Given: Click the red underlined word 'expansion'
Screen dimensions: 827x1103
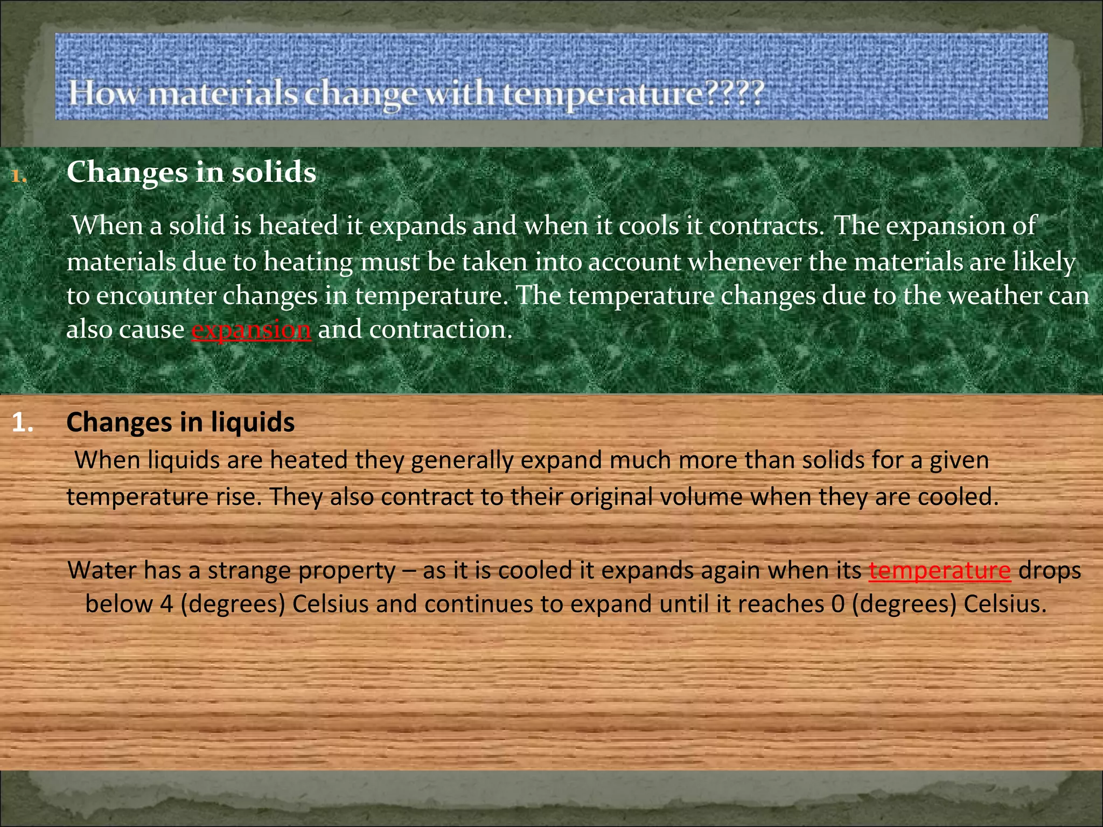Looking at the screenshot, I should tap(251, 330).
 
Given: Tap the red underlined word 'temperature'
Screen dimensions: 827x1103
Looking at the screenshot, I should tap(940, 570).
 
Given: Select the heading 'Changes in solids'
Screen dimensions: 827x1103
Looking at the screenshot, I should tap(191, 173).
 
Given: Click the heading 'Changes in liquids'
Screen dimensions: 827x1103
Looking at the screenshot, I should tap(180, 422).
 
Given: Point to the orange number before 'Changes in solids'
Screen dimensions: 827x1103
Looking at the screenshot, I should tap(19, 176).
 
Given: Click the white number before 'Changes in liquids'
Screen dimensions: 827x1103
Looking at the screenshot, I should tap(23, 423).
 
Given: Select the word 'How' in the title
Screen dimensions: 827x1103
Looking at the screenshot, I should tap(104, 94).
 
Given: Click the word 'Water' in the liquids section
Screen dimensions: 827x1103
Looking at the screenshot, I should tap(102, 570).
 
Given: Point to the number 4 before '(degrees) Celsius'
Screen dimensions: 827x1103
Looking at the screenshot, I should tap(166, 604).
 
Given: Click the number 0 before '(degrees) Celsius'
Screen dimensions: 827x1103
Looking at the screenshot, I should tap(837, 604).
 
